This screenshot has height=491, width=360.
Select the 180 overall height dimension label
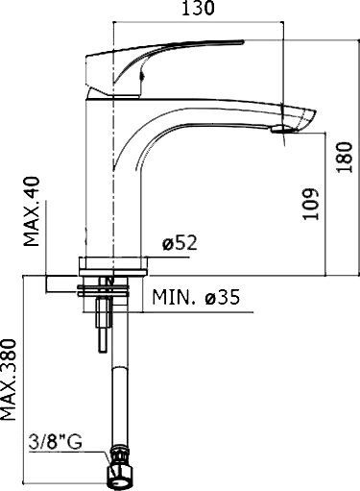[x=347, y=155]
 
